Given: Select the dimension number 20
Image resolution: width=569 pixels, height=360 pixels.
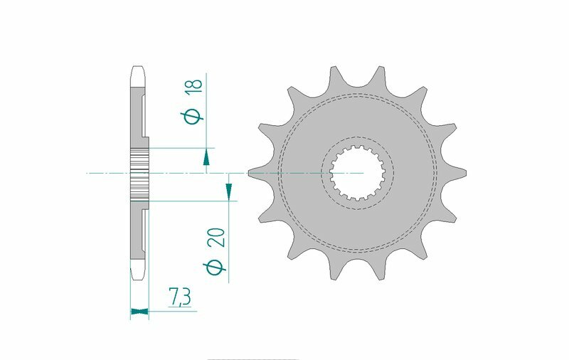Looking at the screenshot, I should tap(219, 237).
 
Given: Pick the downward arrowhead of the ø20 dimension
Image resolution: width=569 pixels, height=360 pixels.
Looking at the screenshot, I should tap(229, 189).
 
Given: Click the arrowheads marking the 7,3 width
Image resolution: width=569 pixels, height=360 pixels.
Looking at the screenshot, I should tap(139, 311).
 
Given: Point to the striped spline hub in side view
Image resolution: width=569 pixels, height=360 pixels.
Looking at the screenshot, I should tap(139, 173).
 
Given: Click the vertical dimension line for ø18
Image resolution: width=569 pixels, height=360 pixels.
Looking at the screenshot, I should tap(206, 114).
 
